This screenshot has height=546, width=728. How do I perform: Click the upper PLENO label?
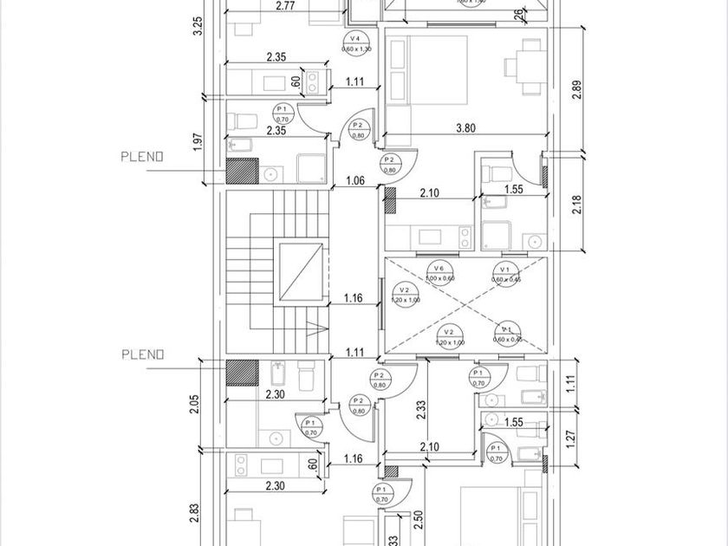(x=143, y=157)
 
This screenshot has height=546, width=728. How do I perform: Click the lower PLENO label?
(x=143, y=354)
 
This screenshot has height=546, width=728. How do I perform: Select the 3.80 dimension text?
(x=465, y=127)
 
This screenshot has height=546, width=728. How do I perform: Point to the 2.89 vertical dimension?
(x=578, y=89)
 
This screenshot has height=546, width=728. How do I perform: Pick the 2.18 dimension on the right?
(x=578, y=205)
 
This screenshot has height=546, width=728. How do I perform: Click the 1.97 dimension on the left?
(x=198, y=141)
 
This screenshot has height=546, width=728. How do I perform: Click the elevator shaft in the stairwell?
(x=302, y=274)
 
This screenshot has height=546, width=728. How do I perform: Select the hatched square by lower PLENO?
(x=242, y=373)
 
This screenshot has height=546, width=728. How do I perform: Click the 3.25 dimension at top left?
(x=198, y=26)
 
